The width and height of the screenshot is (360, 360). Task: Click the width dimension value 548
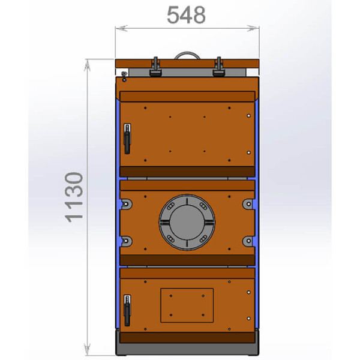point(186,15)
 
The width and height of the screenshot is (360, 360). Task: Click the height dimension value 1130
point(74,197)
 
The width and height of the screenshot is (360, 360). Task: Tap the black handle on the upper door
point(127,139)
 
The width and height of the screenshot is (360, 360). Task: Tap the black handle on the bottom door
point(127,310)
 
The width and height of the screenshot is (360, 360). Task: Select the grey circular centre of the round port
point(187,222)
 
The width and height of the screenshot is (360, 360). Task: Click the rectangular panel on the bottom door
point(187,305)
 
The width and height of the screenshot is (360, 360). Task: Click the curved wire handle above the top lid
point(187,53)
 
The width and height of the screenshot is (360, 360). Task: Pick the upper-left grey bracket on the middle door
point(126,204)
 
